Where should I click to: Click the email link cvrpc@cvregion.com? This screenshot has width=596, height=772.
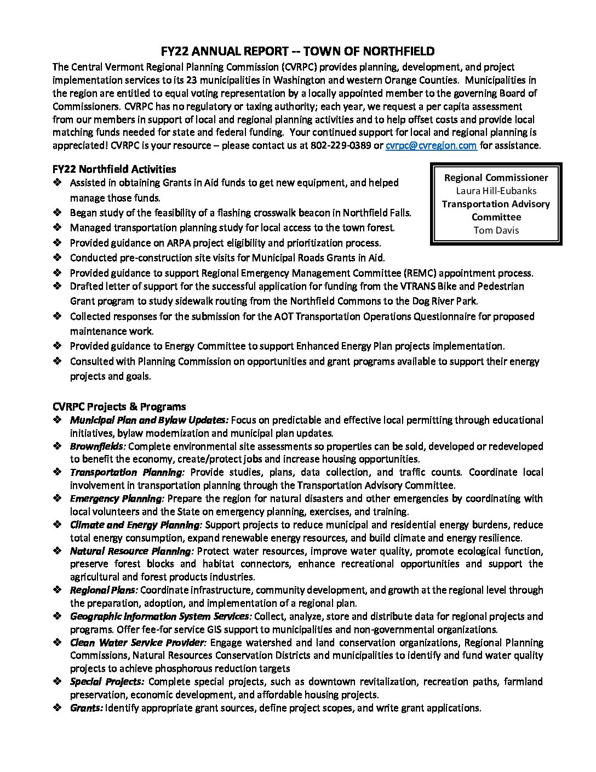tap(431, 146)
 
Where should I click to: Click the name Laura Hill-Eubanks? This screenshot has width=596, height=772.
tap(496, 191)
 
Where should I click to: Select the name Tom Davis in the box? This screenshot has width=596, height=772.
tap(496, 230)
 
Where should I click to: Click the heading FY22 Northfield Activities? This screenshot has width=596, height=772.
tap(114, 169)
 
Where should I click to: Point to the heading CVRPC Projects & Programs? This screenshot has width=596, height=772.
tap(119, 407)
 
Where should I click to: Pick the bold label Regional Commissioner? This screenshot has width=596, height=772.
tap(496, 178)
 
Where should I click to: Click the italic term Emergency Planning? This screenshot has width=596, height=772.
tap(117, 498)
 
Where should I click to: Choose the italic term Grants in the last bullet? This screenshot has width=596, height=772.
tap(87, 708)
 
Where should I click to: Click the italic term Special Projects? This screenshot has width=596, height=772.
tap(107, 682)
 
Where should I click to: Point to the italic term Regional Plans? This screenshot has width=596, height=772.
tap(104, 591)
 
